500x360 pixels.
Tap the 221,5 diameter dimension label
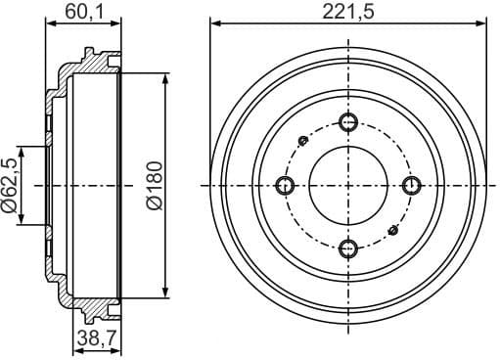coord(349,11)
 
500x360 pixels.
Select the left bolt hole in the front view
coord(286,185)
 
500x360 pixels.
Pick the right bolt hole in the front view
coord(411,185)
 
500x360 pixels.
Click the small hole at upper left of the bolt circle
coord(303,142)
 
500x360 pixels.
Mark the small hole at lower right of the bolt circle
coord(393,229)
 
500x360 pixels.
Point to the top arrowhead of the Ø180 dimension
coord(167,77)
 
